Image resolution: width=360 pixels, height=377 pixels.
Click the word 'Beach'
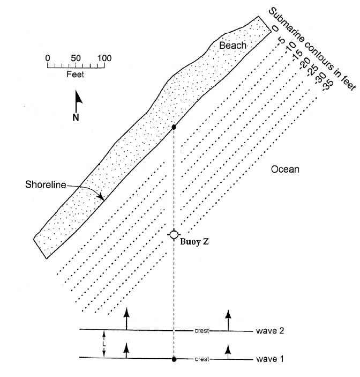[x=232, y=46]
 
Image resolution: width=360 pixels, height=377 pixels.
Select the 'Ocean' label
[x=284, y=169]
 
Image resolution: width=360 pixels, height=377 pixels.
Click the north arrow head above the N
[x=79, y=98]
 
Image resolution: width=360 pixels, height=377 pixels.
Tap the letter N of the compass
[x=76, y=117]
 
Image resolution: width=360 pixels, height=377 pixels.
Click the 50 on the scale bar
[x=76, y=58]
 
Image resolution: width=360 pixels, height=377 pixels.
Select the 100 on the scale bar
[x=104, y=58]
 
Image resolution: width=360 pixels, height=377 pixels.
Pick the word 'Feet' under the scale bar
[x=75, y=75]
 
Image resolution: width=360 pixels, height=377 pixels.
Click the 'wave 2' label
[x=268, y=331]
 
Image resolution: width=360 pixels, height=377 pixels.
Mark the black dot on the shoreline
[x=174, y=127]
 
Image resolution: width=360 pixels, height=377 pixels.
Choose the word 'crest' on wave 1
[x=202, y=358]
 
